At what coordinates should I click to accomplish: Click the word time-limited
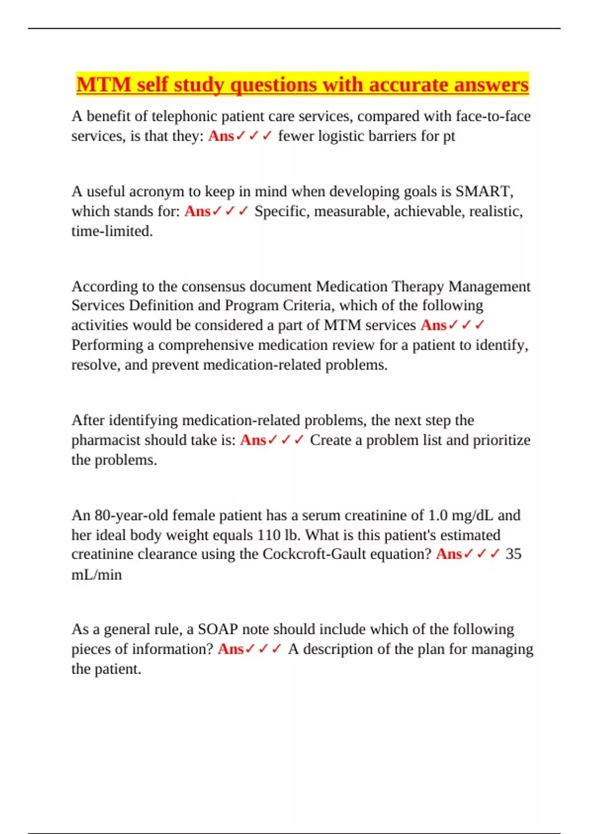click(x=112, y=231)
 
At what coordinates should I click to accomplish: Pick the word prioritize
click(x=502, y=440)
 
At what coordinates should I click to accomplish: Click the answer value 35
click(x=513, y=554)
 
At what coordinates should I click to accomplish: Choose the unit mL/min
click(x=96, y=574)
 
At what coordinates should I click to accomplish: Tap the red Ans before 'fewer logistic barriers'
click(x=221, y=136)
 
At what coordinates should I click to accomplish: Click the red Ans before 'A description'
click(x=230, y=649)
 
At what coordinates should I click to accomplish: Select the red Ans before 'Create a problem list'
click(x=253, y=440)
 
